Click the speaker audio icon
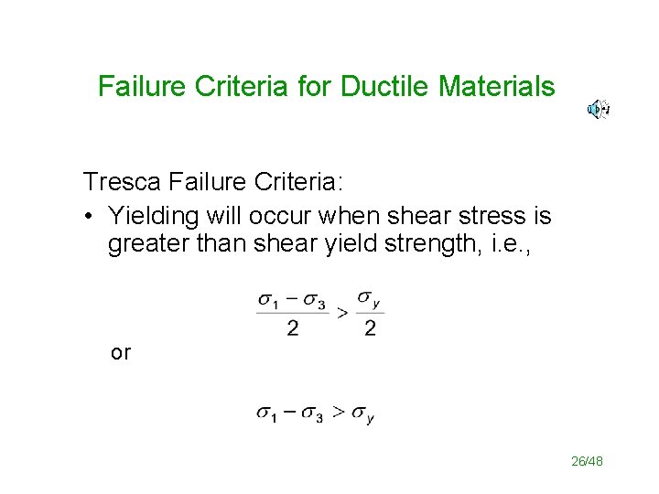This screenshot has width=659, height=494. (598, 110)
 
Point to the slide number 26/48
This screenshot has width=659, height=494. (587, 462)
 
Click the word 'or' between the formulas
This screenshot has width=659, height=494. (120, 352)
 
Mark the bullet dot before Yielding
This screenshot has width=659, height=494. (89, 217)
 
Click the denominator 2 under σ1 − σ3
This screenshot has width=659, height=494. (292, 329)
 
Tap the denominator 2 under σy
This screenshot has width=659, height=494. (369, 329)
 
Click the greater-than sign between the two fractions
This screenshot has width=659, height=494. (342, 313)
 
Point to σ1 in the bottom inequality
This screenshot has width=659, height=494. (267, 414)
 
